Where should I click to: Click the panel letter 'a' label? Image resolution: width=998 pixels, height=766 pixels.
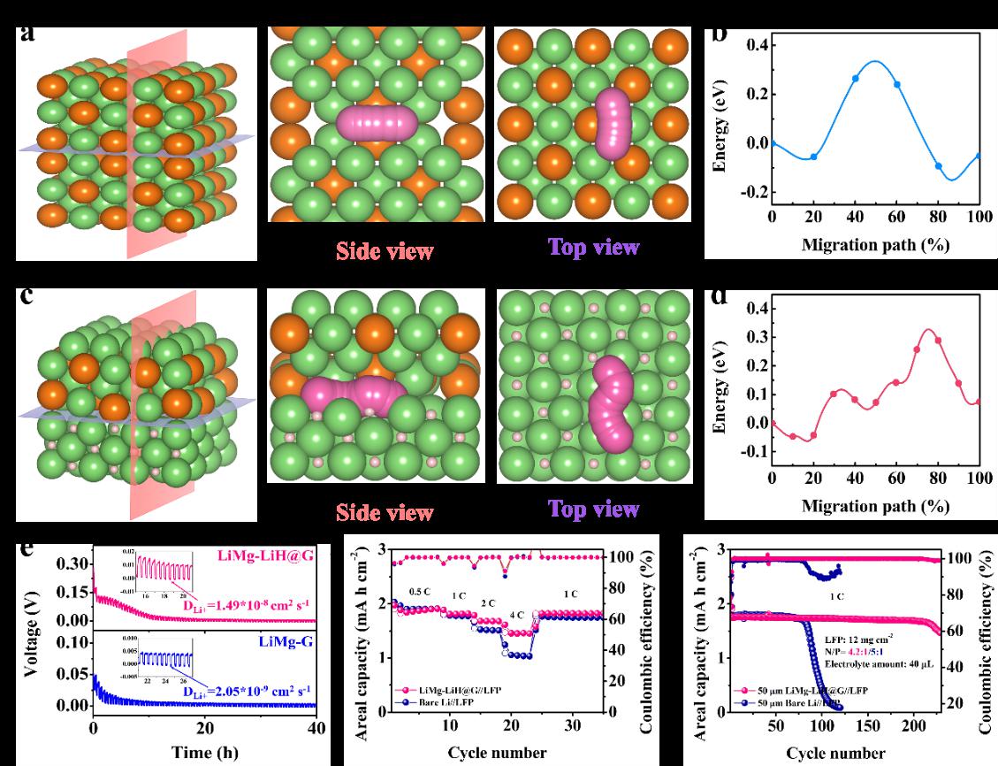click(29, 35)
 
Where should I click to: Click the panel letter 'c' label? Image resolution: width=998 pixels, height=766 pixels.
click(28, 295)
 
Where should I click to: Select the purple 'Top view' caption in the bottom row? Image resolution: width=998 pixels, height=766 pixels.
click(591, 509)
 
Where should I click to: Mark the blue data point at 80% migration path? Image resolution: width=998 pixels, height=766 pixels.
click(938, 166)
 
